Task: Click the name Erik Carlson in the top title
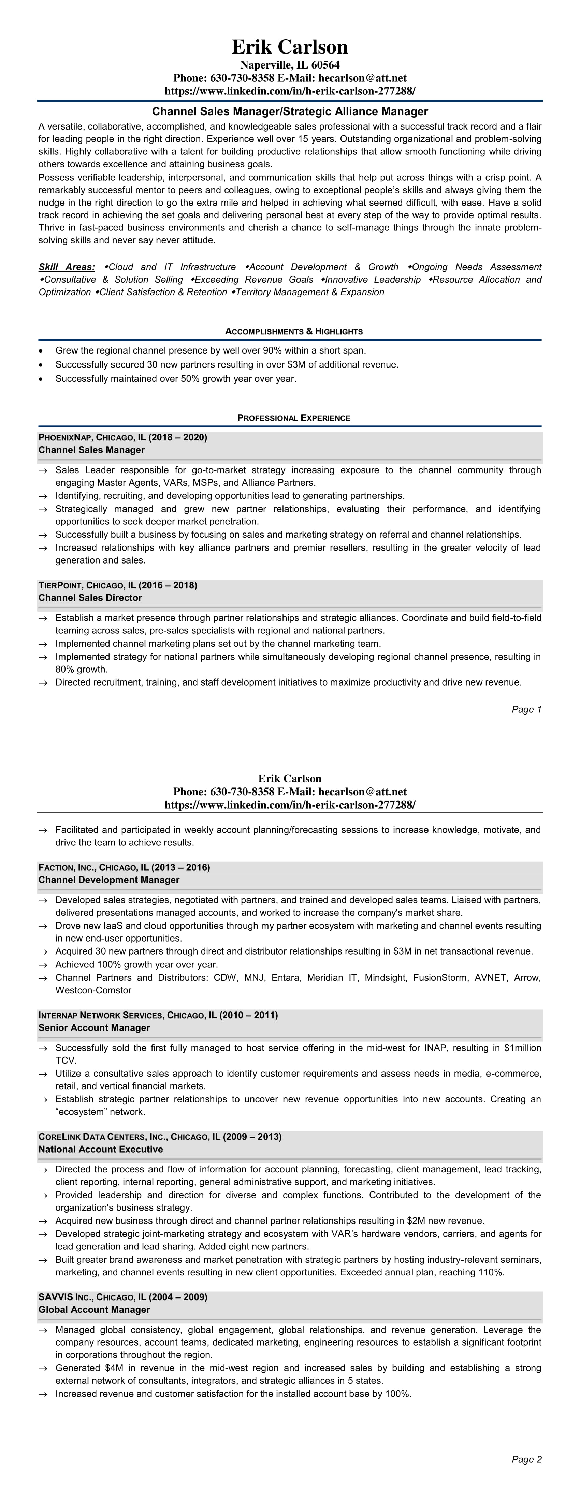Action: coord(290,47)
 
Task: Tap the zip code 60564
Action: coord(325,65)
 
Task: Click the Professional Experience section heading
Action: coord(294,418)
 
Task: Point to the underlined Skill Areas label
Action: coord(67,267)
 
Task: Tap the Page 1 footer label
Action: coord(526,709)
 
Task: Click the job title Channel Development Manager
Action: coord(108,880)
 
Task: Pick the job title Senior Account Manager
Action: coord(94,1028)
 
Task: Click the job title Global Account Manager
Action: coord(94,1309)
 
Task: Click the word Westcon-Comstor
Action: coord(93,990)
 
